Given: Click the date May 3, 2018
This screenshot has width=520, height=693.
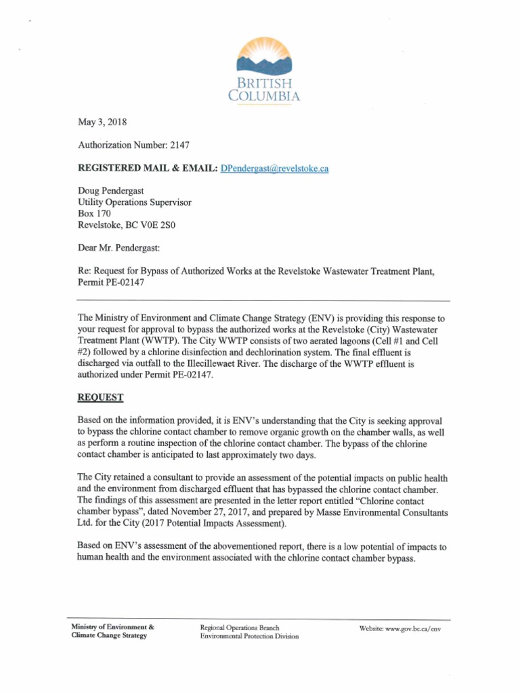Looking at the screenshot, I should coord(102,122).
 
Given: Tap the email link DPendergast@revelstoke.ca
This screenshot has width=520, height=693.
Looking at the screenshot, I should coord(275,168).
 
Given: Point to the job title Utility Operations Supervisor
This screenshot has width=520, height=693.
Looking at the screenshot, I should coord(135,202).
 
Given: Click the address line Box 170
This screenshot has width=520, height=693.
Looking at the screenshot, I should coord(95,214).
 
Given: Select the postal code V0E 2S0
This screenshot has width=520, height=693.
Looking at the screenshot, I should coord(164,225).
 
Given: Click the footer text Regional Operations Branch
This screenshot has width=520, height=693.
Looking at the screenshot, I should coord(240,628).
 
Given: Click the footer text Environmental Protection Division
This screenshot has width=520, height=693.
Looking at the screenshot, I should coord(249,637).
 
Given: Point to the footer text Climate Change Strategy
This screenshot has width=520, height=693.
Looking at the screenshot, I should coord(109,637).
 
